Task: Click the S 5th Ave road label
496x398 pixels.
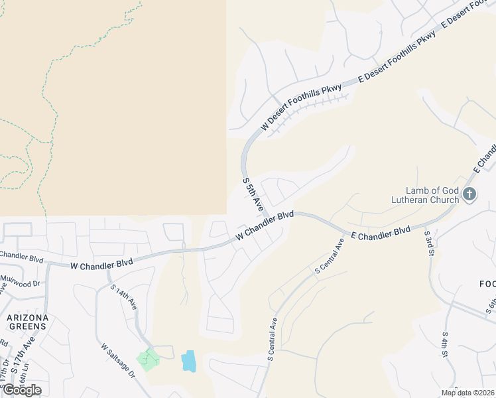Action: (253, 194)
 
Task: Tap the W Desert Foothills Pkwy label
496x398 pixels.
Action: (301, 107)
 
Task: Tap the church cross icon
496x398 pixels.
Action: (469, 194)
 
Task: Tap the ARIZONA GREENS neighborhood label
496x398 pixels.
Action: (28, 322)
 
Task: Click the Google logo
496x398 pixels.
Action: (22, 390)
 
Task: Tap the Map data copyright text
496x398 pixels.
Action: (467, 393)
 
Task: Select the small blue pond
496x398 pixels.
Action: (188, 361)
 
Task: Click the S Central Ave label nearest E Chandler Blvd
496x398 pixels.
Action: (330, 256)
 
